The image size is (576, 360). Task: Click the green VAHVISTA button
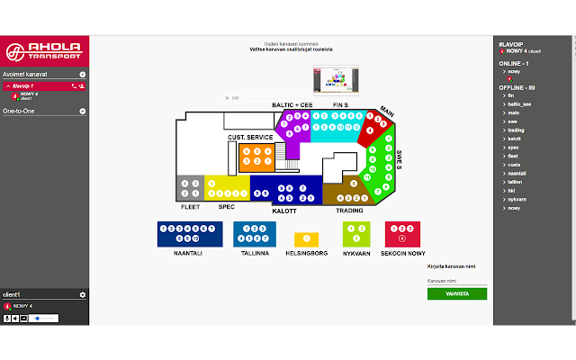[457, 293]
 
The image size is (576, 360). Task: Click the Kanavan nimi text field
[457, 281]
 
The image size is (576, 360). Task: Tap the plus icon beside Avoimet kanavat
[83, 74]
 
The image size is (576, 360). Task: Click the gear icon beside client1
[83, 295]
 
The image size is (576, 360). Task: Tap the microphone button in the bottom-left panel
[6, 318]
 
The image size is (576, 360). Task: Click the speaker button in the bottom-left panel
[15, 318]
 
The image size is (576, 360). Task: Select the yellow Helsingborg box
[307, 238]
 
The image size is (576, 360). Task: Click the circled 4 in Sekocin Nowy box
[402, 238]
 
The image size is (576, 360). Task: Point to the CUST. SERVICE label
[250, 138]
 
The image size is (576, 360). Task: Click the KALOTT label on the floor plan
[284, 210]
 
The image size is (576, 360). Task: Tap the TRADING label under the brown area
[349, 210]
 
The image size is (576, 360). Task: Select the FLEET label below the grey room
[190, 206]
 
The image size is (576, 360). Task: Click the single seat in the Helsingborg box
[307, 238]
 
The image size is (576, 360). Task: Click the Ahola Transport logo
[45, 49]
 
